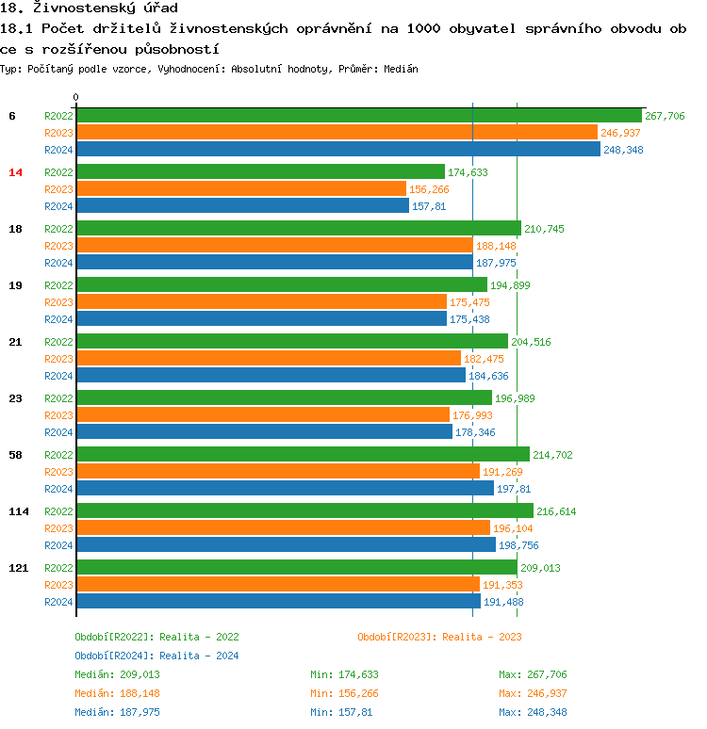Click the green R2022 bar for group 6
358,116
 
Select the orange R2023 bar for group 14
240,189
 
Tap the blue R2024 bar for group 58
285,489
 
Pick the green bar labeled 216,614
304,511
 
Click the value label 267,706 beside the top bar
665,116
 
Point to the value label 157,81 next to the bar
429,206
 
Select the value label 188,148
496,246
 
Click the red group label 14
15,172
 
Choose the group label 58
15,455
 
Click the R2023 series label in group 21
58,359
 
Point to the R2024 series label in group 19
58,319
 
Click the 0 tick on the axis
76,97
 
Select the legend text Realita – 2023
482,637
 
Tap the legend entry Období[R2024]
114,656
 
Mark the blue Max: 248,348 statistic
533,712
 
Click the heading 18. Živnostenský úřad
90,8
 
